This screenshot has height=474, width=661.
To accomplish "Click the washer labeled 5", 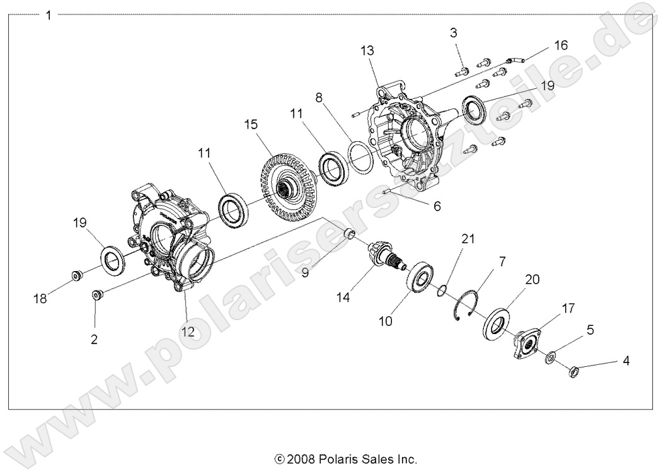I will click(x=549, y=357).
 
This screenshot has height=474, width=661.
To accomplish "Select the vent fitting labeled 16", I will click(x=515, y=59).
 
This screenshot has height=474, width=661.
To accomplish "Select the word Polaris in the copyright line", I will click(x=338, y=459).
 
